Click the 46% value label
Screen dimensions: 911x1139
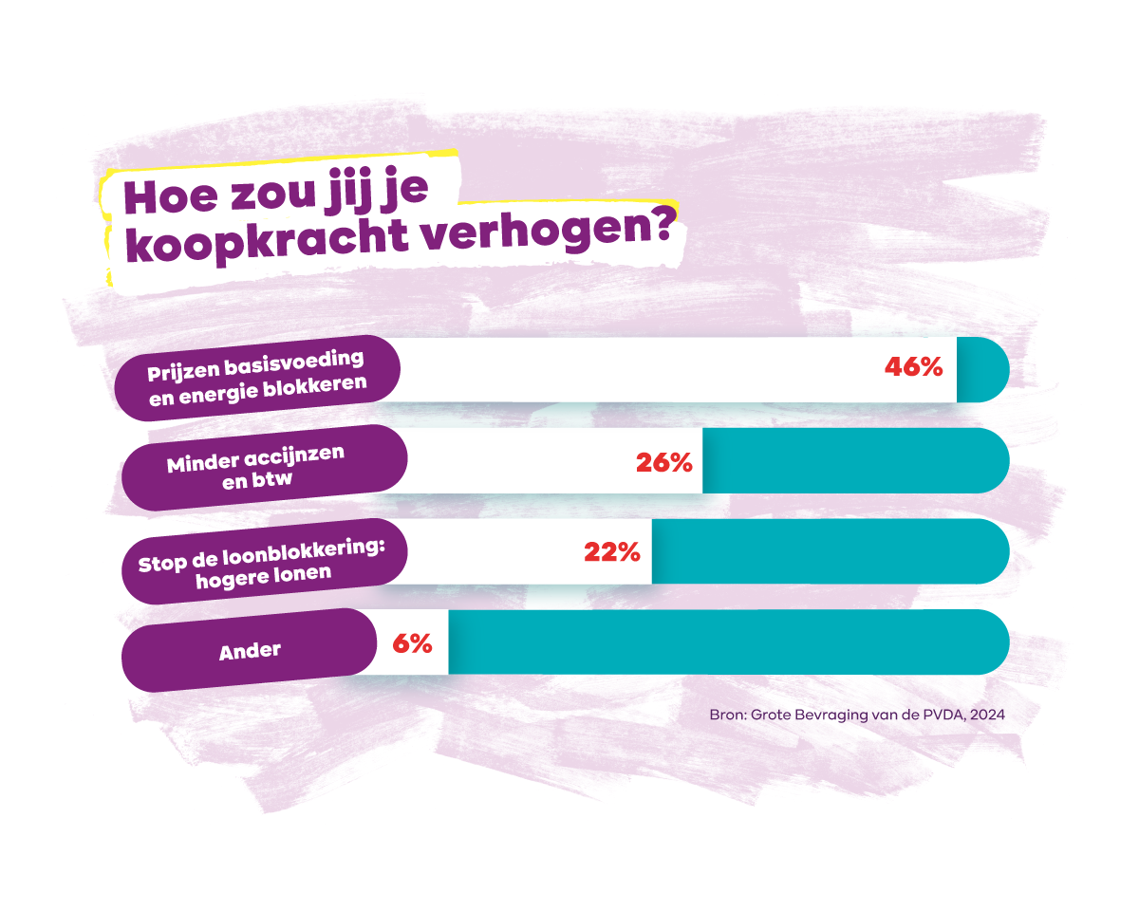click(913, 367)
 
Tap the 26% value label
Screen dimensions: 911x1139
click(664, 462)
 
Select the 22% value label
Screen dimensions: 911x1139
click(612, 551)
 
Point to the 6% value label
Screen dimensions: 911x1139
click(412, 642)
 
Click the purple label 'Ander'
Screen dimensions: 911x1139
click(250, 651)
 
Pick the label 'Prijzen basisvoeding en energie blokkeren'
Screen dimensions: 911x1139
click(257, 378)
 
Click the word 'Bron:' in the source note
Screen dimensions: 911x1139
click(728, 715)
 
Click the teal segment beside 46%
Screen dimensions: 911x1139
click(982, 368)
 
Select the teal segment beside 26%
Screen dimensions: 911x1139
click(854, 460)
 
